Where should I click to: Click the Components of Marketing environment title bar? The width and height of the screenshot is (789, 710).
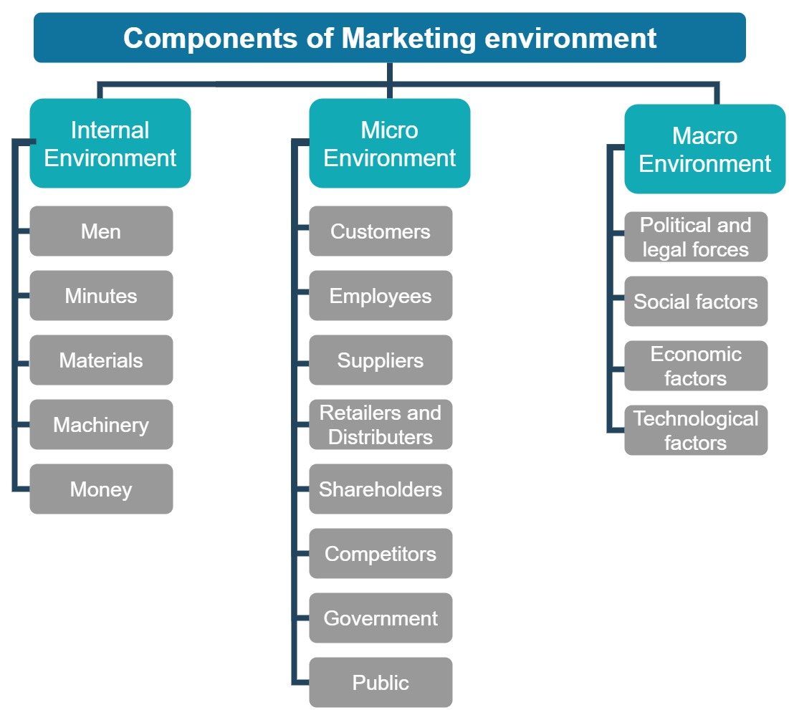(x=389, y=37)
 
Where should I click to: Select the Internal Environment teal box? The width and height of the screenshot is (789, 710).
(x=110, y=143)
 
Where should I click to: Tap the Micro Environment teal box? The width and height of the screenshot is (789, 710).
(x=389, y=143)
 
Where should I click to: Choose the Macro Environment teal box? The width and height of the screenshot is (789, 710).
(x=704, y=149)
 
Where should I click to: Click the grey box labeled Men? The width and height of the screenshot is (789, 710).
(x=101, y=231)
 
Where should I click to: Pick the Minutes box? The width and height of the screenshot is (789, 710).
(x=101, y=296)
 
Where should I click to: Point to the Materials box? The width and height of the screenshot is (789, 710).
(x=101, y=360)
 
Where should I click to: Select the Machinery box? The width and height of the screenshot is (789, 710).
(x=101, y=425)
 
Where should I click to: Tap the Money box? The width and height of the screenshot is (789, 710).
(x=101, y=489)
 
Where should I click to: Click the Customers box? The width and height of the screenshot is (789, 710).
(x=381, y=231)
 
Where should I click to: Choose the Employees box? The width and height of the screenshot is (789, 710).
(x=381, y=296)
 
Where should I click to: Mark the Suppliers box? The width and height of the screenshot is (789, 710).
(x=381, y=360)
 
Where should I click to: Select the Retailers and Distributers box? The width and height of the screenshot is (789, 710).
(x=381, y=425)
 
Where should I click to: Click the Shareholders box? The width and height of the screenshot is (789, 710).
(x=381, y=489)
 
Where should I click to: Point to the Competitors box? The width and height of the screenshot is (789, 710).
(x=381, y=554)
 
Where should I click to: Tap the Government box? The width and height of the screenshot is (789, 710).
(x=381, y=618)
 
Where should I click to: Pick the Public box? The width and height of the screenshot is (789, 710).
(x=381, y=683)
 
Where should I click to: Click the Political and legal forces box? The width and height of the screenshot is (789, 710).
(x=696, y=237)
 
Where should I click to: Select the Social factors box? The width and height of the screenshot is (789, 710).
(x=696, y=302)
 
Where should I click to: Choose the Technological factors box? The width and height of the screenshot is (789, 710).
(x=696, y=431)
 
